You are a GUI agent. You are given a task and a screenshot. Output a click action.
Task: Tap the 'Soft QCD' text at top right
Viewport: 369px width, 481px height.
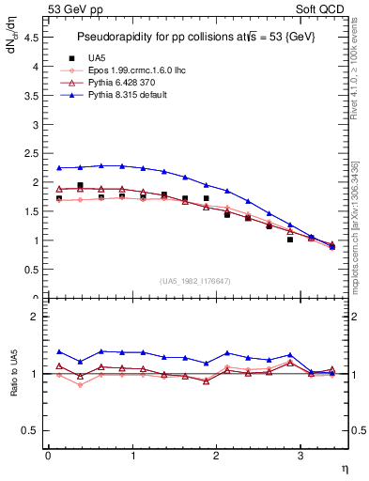pos(321,8)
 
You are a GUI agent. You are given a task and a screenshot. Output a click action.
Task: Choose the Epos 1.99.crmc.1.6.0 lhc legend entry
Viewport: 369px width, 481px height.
pos(141,70)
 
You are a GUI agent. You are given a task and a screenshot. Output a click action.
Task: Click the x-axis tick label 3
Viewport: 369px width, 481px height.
pos(300,456)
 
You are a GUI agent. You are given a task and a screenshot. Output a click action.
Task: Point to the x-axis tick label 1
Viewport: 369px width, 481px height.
pos(131,456)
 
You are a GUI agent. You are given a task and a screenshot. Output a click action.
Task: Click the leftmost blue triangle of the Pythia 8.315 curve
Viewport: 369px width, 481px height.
pos(58,168)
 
